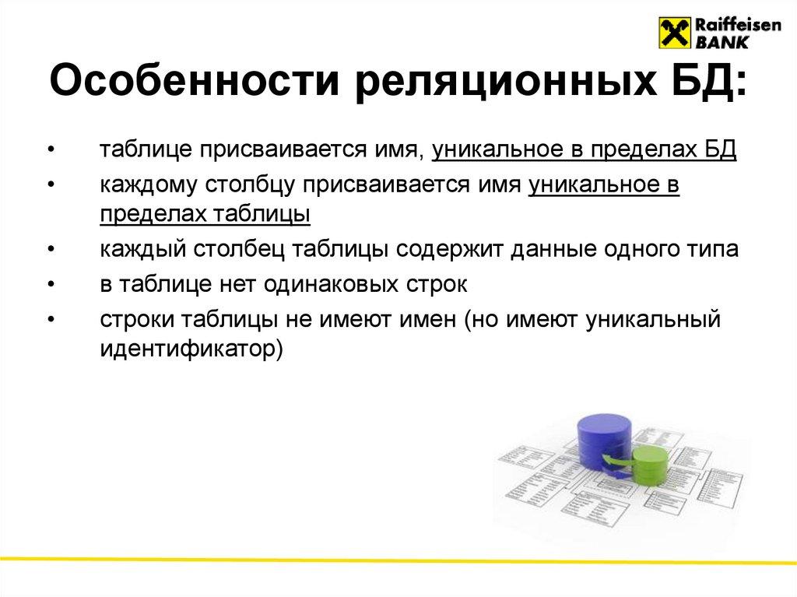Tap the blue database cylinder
(604, 444)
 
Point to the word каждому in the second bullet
(146, 186)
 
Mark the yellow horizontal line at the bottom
(398, 560)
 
